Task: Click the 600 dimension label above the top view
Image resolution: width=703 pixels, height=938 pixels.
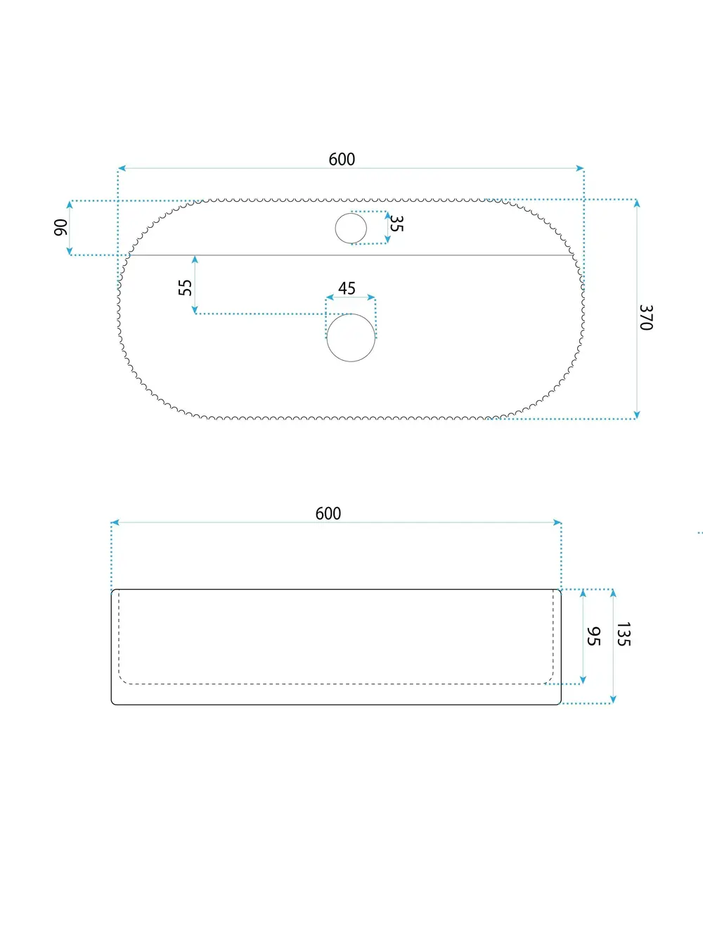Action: [342, 160]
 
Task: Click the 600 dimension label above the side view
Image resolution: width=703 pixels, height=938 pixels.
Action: [328, 514]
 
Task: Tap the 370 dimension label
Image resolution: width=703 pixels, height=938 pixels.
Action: [646, 318]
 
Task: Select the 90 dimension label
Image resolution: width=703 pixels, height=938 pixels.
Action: [60, 227]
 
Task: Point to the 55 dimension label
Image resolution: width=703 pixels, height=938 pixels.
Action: [186, 288]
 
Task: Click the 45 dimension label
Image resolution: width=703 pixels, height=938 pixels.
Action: [347, 288]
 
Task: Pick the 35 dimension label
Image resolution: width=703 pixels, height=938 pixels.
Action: [396, 224]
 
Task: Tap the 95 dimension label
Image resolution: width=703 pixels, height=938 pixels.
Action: [593, 636]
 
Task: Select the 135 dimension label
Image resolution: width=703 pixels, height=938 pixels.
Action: [624, 634]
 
